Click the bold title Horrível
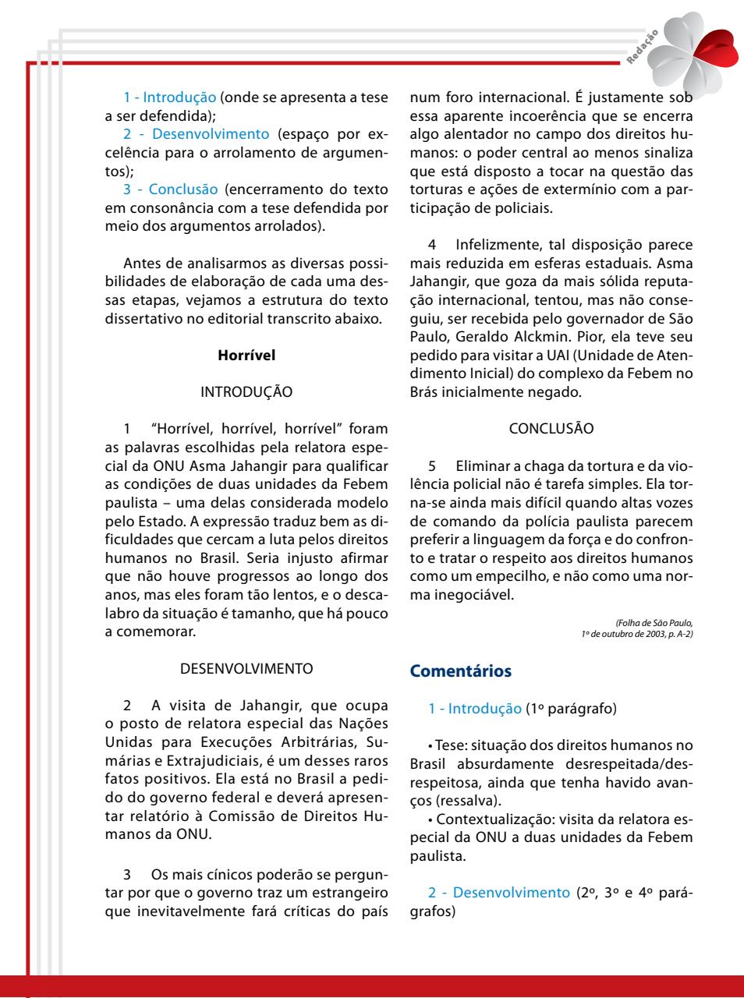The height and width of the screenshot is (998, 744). (x=246, y=356)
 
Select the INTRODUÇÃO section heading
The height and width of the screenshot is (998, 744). (x=246, y=392)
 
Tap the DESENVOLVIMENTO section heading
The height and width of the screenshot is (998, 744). (x=246, y=669)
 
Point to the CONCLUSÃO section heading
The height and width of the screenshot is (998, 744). (x=551, y=429)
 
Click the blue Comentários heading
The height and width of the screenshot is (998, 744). (x=460, y=671)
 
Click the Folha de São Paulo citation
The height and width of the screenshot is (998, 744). (x=654, y=622)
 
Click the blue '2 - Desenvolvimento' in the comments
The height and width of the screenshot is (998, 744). (x=499, y=892)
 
